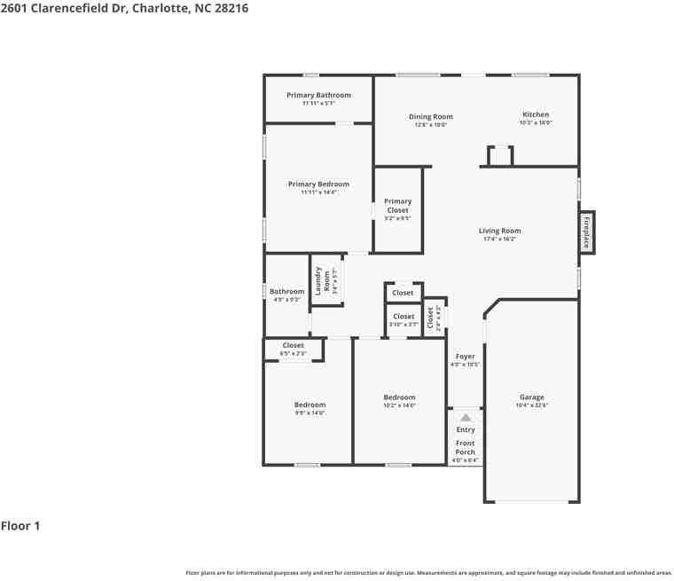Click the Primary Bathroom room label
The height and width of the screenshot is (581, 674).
click(x=318, y=96)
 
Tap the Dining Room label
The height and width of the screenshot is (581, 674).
click(x=431, y=117)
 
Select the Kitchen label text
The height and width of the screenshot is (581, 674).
click(x=536, y=115)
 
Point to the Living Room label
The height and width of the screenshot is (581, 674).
click(x=500, y=232)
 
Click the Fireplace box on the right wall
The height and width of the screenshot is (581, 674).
click(x=586, y=232)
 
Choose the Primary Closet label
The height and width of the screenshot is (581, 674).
click(x=397, y=206)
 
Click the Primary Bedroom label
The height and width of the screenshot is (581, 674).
click(x=318, y=185)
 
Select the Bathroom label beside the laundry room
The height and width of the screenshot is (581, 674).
click(x=286, y=292)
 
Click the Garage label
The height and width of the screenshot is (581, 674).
click(x=532, y=397)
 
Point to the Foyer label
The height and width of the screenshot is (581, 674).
click(x=465, y=357)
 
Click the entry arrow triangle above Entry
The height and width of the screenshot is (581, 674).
click(x=466, y=417)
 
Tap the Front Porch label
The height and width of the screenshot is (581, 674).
click(x=466, y=448)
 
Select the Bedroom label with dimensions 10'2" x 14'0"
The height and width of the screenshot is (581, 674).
click(x=399, y=397)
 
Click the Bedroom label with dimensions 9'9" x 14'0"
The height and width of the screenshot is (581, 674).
click(x=310, y=405)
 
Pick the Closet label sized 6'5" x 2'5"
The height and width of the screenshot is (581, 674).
click(x=293, y=346)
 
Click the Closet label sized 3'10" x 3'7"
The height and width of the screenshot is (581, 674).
click(x=404, y=317)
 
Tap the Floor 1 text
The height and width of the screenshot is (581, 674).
click(x=20, y=526)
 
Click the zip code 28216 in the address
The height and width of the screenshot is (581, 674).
click(x=229, y=8)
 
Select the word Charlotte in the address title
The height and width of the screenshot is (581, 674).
click(x=159, y=8)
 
